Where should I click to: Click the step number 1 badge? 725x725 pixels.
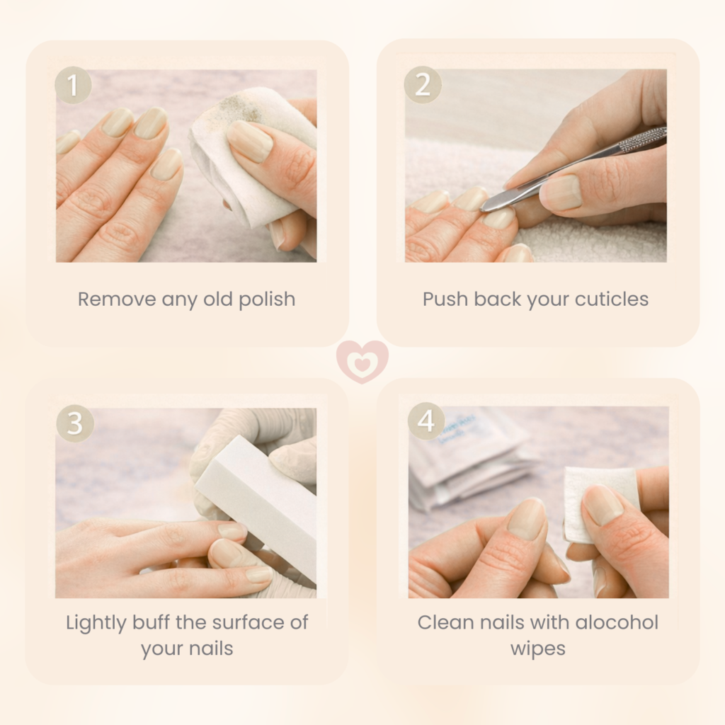(73, 85)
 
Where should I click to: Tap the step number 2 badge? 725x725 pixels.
(423, 85)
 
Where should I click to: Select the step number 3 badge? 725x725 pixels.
(75, 423)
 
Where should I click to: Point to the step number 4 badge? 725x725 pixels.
(426, 421)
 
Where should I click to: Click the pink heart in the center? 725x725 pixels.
(362, 362)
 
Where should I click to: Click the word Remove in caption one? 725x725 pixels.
(117, 299)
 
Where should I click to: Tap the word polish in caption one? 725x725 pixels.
(267, 300)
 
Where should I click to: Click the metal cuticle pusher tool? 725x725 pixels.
(573, 169)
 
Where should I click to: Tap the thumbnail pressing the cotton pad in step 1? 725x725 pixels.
(250, 141)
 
